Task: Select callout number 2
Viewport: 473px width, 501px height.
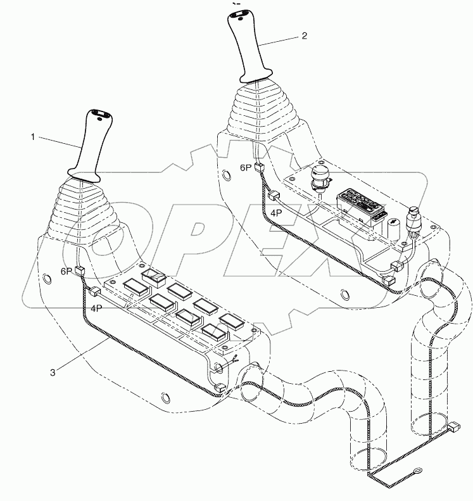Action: click(304, 36)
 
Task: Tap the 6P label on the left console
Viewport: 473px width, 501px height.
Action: click(66, 270)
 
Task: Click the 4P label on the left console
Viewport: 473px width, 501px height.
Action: click(96, 308)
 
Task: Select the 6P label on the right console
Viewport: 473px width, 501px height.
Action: click(246, 168)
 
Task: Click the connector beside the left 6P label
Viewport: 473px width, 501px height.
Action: click(80, 272)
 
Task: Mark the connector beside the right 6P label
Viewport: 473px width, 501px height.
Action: click(259, 168)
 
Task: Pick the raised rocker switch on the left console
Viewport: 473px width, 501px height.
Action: click(154, 276)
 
